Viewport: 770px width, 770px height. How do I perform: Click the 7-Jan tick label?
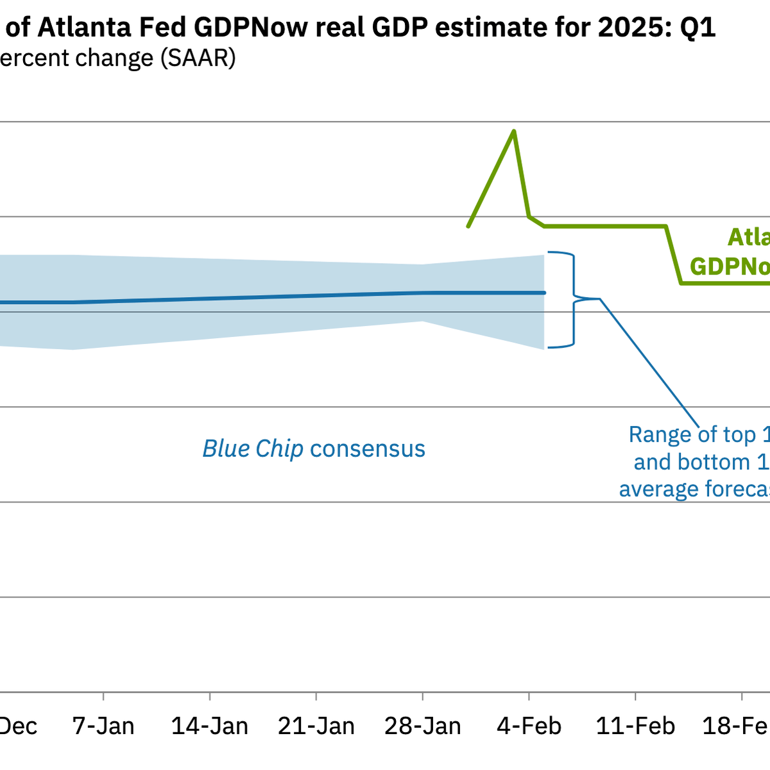click(103, 726)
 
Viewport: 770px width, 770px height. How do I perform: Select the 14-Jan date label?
click(210, 726)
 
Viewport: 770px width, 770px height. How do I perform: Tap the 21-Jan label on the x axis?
click(316, 726)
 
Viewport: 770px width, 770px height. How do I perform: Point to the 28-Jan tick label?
click(423, 726)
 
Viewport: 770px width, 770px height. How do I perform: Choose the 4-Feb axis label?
click(529, 726)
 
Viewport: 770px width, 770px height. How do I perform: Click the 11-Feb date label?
click(635, 726)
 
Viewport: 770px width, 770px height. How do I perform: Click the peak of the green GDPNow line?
click(514, 132)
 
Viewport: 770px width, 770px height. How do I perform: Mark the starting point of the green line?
click(468, 227)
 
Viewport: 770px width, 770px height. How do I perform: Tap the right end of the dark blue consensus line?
click(544, 293)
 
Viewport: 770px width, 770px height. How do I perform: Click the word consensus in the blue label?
click(368, 449)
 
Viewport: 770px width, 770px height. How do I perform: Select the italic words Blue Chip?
click(253, 449)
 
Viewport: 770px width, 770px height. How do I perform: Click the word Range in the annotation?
click(659, 435)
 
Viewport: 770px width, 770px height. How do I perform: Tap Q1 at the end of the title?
click(697, 28)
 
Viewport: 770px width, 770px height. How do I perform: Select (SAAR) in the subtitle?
click(198, 58)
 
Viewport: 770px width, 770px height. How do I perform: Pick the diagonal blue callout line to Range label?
click(648, 359)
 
